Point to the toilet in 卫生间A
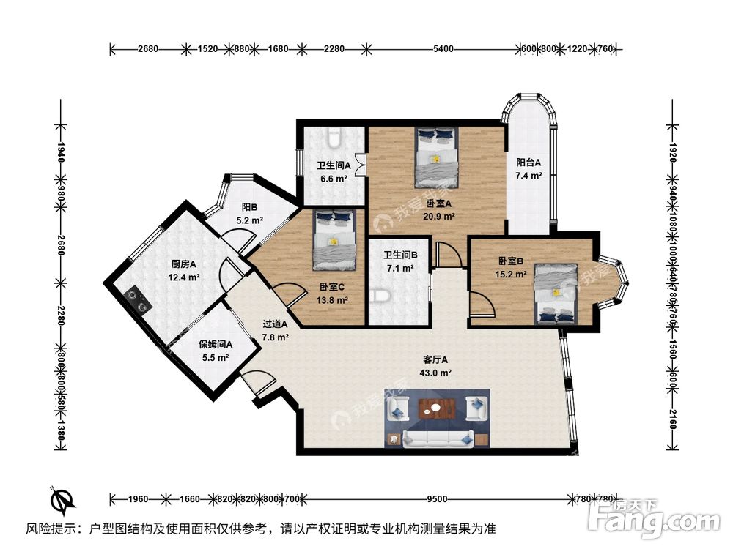(x=334, y=137)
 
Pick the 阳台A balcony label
(x=528, y=163)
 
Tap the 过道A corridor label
(x=276, y=324)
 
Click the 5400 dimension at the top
(x=443, y=49)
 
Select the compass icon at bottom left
(x=62, y=500)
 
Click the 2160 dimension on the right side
(x=673, y=421)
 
